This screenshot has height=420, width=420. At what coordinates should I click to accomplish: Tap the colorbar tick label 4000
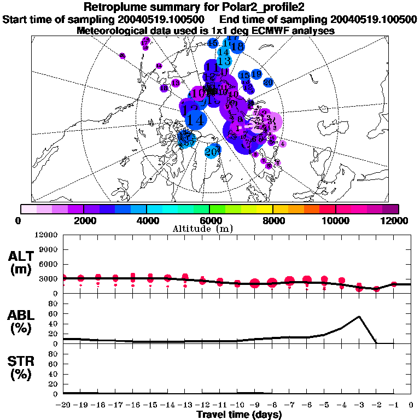(146, 220)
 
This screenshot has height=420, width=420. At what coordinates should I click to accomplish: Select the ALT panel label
(20, 262)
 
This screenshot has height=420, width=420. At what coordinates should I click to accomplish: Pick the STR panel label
(20, 368)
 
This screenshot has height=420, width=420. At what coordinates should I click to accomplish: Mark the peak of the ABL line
(359, 316)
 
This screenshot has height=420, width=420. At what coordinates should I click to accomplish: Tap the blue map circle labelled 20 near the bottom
(212, 151)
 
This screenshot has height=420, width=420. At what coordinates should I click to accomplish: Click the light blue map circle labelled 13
(224, 61)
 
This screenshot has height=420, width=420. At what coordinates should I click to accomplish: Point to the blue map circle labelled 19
(256, 74)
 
